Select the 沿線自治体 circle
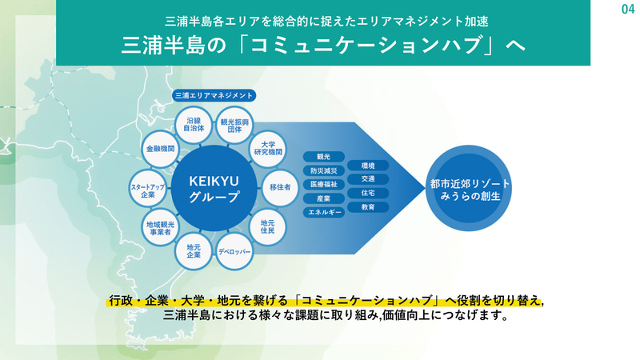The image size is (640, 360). point(194,125)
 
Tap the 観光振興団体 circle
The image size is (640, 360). point(236,125)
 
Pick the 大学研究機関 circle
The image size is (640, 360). point(267,149)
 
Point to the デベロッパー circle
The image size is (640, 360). point(234,251)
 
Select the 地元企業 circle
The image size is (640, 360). point(194,251)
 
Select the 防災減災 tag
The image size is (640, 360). point(323,170)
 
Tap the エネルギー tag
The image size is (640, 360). point(323,212)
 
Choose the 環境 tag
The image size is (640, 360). point(368,165)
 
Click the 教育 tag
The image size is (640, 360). point(368,206)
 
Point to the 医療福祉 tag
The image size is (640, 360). point(323,184)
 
